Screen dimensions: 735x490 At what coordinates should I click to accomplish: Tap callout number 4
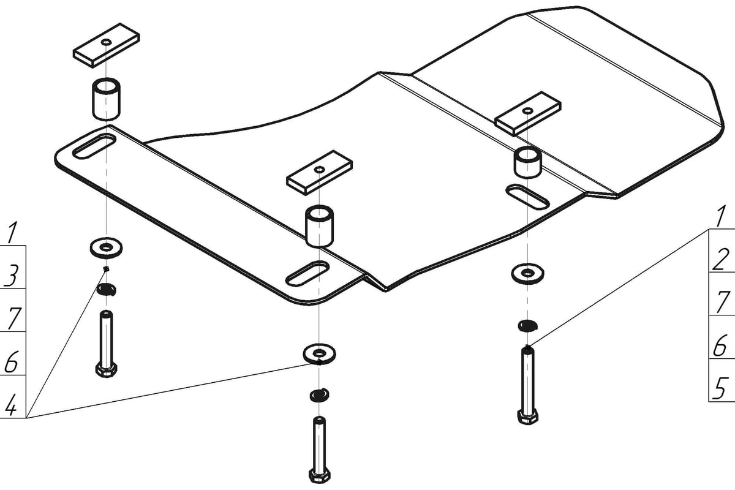[10, 405]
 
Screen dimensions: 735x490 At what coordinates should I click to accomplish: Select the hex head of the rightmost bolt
[527, 417]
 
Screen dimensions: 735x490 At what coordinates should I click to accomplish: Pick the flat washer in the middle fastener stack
[319, 353]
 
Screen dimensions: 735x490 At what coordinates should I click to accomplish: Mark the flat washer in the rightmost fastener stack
[527, 273]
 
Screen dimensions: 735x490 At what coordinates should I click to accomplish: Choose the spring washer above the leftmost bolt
[107, 290]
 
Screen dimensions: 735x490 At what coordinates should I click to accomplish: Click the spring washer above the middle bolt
[320, 395]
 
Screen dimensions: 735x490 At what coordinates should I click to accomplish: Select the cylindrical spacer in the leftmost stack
[106, 99]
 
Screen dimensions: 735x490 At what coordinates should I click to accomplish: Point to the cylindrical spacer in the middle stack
[319, 226]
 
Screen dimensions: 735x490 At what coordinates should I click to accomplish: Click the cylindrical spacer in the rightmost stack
[527, 162]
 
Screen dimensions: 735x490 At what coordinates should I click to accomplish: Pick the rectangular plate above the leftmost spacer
[106, 45]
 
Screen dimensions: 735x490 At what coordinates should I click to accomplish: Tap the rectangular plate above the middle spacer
[319, 173]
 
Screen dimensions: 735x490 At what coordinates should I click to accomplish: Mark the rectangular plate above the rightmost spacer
[528, 114]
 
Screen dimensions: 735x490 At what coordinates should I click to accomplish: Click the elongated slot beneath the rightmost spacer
[527, 197]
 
